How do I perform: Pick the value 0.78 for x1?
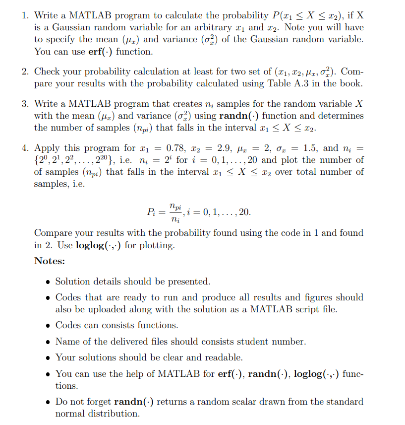point(177,147)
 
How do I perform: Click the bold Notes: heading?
point(50,261)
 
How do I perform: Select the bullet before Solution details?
point(47,282)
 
